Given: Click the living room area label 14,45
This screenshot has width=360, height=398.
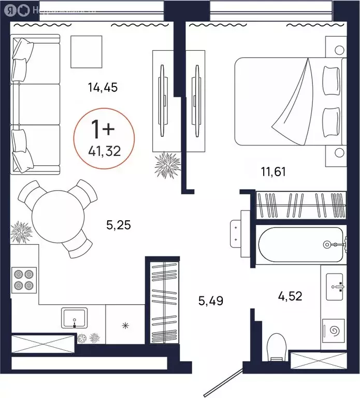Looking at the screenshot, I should pos(103,88).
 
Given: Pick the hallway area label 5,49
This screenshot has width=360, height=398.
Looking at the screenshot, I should pos(211,300).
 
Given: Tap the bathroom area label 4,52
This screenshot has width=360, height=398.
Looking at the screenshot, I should pos(290,296).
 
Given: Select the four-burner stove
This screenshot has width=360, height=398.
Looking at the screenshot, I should pos(23,280).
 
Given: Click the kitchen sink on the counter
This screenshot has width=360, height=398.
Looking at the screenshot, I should pos(76,317).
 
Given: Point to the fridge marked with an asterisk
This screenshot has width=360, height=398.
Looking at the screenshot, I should pos(124,325).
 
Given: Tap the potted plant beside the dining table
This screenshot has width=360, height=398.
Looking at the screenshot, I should pos(22,232).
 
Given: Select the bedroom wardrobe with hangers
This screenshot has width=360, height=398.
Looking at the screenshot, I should pos(301,205).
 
